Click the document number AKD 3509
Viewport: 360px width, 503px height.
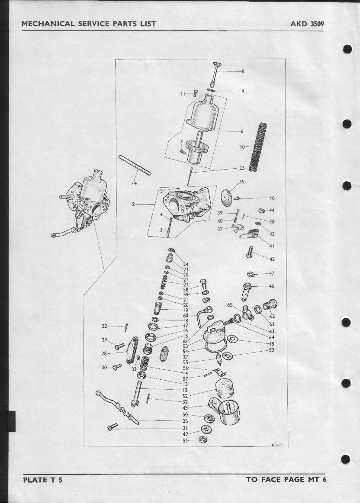tap(307, 24)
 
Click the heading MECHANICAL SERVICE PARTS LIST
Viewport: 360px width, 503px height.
tap(89, 24)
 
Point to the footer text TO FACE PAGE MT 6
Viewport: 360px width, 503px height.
tap(286, 480)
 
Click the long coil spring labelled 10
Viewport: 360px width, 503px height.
tap(259, 147)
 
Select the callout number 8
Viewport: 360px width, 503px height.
tap(243, 71)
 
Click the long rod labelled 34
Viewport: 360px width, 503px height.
tap(135, 165)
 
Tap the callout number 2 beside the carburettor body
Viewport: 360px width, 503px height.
tap(133, 204)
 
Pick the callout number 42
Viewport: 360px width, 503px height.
tap(272, 259)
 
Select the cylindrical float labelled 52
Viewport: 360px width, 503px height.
tap(224, 388)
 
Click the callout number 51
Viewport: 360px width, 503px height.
tap(185, 441)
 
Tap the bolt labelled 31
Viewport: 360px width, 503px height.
tap(112, 426)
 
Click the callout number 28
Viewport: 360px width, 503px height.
tap(104, 353)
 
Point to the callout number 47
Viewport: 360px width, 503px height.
tap(272, 274)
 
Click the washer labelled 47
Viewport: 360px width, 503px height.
tap(251, 274)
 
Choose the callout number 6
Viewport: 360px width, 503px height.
tap(242, 131)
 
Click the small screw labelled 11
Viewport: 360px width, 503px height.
tap(195, 93)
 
